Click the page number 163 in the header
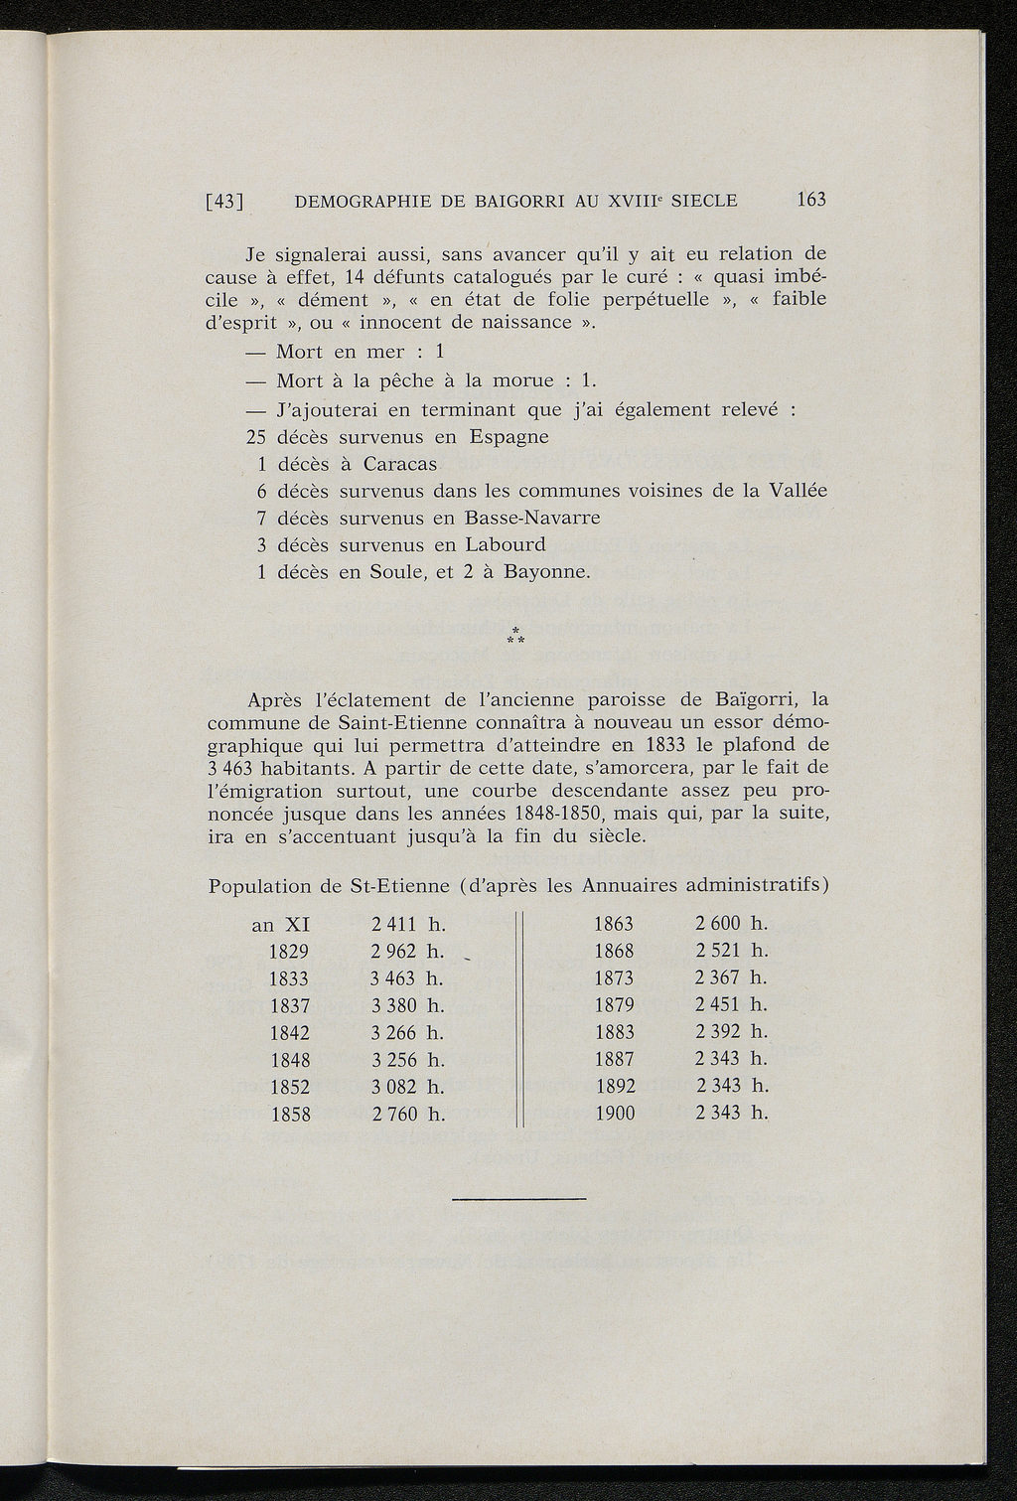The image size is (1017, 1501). pos(810,200)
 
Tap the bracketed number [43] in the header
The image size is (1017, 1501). pos(224,201)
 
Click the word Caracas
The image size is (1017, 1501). pos(400,464)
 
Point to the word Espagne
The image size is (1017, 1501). pos(508,437)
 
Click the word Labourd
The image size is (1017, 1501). pos(505,544)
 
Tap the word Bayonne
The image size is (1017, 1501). pos(547,572)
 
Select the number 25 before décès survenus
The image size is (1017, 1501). pos(257,437)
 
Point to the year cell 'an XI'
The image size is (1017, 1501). pos(281,925)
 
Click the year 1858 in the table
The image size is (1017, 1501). pos(290,1114)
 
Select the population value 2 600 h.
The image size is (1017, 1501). pos(732,924)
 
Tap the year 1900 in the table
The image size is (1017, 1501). pos(614,1114)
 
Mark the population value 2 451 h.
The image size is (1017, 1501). pos(732,1005)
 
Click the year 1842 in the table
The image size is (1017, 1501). pos(290,1032)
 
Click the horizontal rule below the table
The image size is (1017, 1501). pos(518,1199)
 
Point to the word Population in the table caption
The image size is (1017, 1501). pos(260,884)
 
